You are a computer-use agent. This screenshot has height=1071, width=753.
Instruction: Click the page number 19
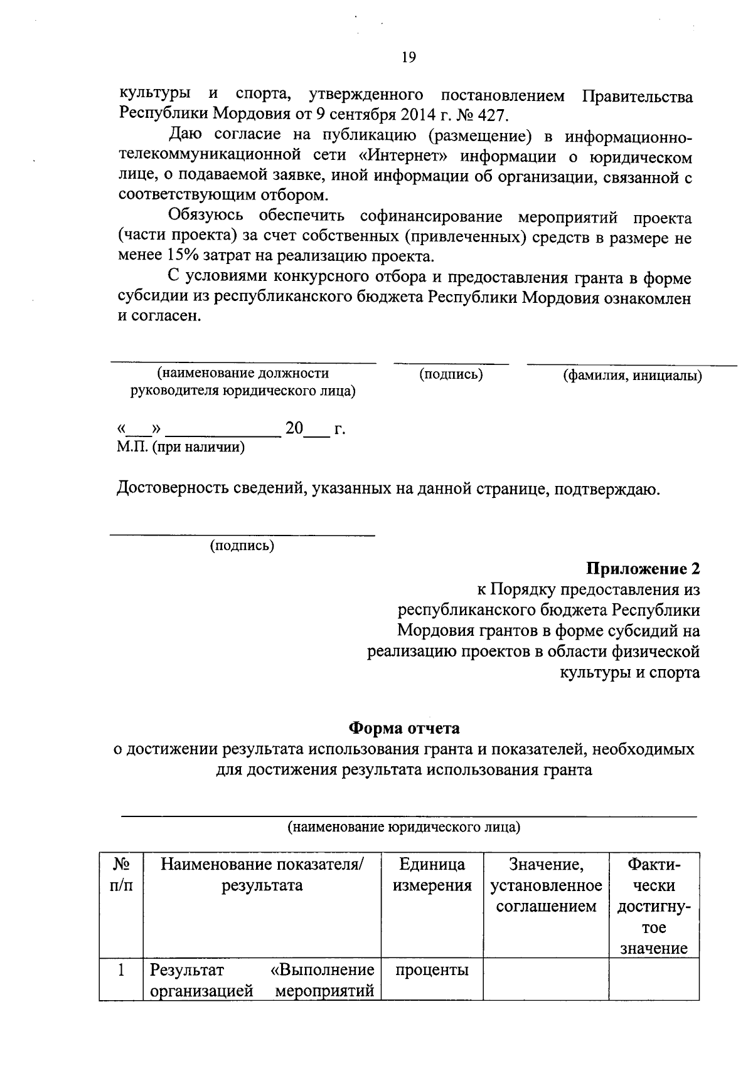coord(409,58)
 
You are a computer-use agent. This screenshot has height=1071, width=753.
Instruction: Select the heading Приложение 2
coord(643,569)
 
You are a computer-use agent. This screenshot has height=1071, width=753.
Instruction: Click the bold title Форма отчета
coord(404,728)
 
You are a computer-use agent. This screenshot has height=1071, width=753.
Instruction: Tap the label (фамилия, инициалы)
coord(632,376)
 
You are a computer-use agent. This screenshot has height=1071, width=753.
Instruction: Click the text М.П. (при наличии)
coord(181,447)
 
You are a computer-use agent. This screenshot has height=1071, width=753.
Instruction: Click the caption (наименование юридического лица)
coord(404,826)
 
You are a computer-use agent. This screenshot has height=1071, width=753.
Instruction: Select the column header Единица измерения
coord(432,875)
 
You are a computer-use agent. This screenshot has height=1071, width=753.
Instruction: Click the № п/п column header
coord(121,875)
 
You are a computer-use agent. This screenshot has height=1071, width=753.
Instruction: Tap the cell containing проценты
coord(432,970)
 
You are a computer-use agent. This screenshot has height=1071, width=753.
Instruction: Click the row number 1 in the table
coord(121,970)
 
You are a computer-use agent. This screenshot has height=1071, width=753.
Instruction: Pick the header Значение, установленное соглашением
coord(546,885)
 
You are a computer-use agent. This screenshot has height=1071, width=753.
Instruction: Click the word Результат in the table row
coord(186,970)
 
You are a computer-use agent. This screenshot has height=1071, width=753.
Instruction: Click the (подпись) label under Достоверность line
coord(242,546)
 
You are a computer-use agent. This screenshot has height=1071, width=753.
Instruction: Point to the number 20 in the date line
coord(294,429)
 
